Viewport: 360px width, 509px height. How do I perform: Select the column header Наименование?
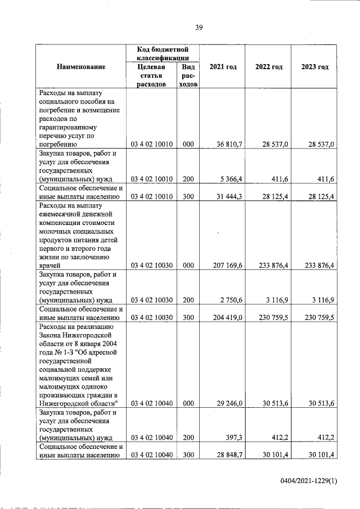[80, 67]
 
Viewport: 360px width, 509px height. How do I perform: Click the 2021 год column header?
[223, 67]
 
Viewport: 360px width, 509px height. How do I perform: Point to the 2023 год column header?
[315, 67]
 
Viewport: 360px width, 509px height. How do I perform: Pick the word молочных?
[57, 231]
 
